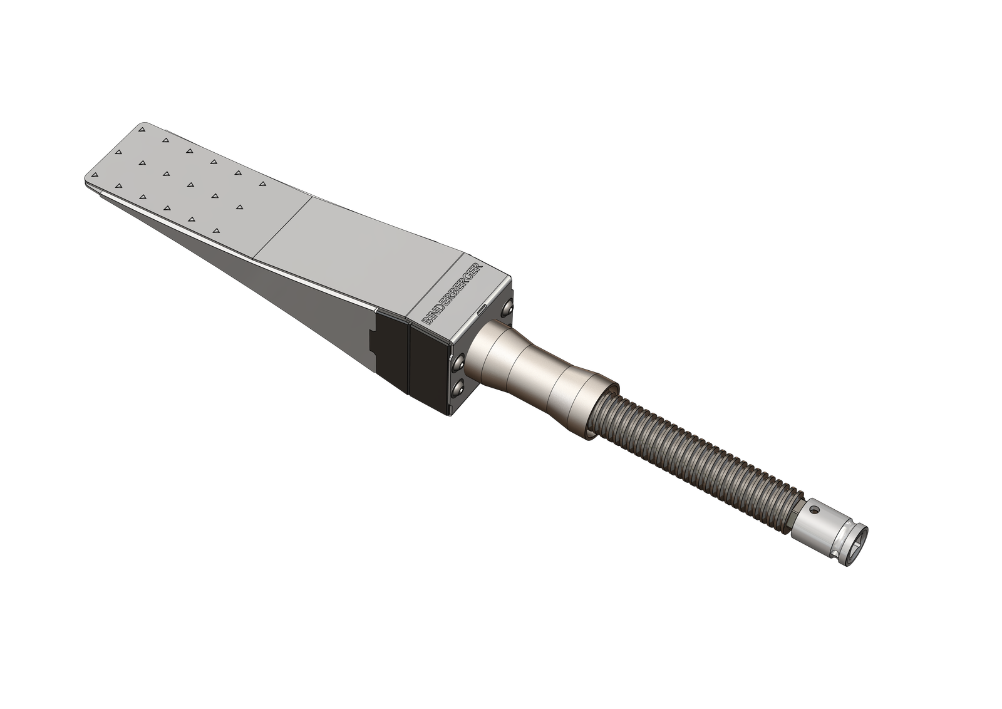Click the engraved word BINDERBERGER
[453, 293]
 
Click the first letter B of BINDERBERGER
[425, 321]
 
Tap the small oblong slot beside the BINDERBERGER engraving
[482, 309]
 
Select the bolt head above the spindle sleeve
[507, 307]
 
